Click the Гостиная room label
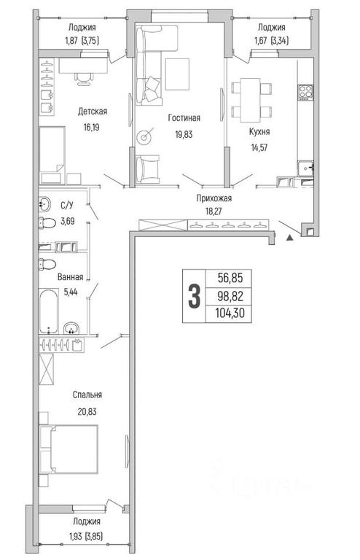(184, 118)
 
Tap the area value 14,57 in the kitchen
(259, 148)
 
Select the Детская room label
(93, 112)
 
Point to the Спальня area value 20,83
(87, 411)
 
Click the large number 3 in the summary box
(194, 296)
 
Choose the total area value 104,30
(230, 314)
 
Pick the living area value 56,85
(230, 278)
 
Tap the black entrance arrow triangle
(290, 237)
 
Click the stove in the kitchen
(305, 92)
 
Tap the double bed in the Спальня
(69, 449)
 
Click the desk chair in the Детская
(84, 78)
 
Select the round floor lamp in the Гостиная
(144, 137)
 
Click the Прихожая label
(214, 198)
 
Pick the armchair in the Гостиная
(147, 169)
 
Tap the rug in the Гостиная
(177, 74)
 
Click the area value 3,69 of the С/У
(68, 221)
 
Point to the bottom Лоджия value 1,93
(75, 537)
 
